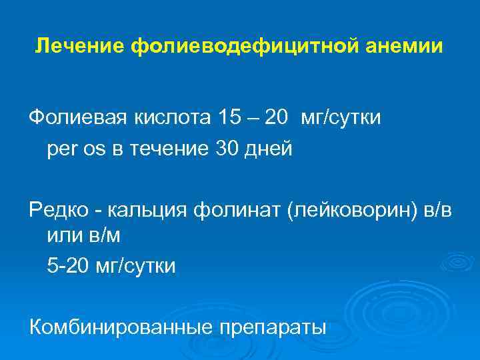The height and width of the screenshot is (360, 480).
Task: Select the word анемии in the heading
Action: tap(408, 47)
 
